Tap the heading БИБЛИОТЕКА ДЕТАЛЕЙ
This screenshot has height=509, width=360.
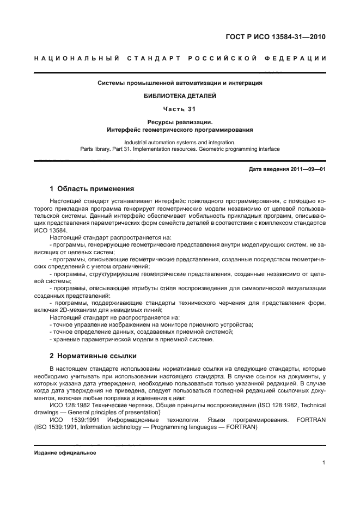click(x=180, y=96)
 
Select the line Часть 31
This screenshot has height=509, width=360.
click(x=180, y=108)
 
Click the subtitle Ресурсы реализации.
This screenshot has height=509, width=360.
click(x=180, y=122)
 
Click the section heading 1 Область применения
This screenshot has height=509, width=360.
click(x=91, y=189)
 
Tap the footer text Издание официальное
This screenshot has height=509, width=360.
click(x=65, y=453)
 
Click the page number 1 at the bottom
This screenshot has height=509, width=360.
click(x=324, y=463)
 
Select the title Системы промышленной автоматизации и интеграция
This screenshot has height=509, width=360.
click(x=180, y=83)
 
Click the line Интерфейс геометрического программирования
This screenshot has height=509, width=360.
click(x=180, y=130)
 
